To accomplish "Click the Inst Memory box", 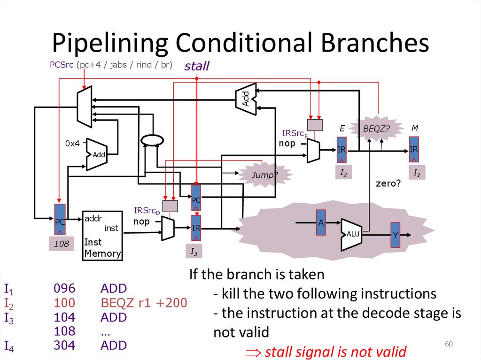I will coord(102,236).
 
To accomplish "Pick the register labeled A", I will coord(321,223).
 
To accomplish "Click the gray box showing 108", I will coord(61,244).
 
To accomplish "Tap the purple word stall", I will coord(197,66).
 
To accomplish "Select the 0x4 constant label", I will coord(72,144).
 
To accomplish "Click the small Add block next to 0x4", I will coord(97,154).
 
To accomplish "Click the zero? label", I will coord(388,184).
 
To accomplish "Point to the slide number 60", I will coord(449,345).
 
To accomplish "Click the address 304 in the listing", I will coord(64,345).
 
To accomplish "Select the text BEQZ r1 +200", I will coord(144,303).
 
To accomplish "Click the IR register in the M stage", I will coord(414,149).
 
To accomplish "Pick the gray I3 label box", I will coord(194,252).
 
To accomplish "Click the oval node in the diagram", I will coord(153,139).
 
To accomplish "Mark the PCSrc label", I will coord(62,65).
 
